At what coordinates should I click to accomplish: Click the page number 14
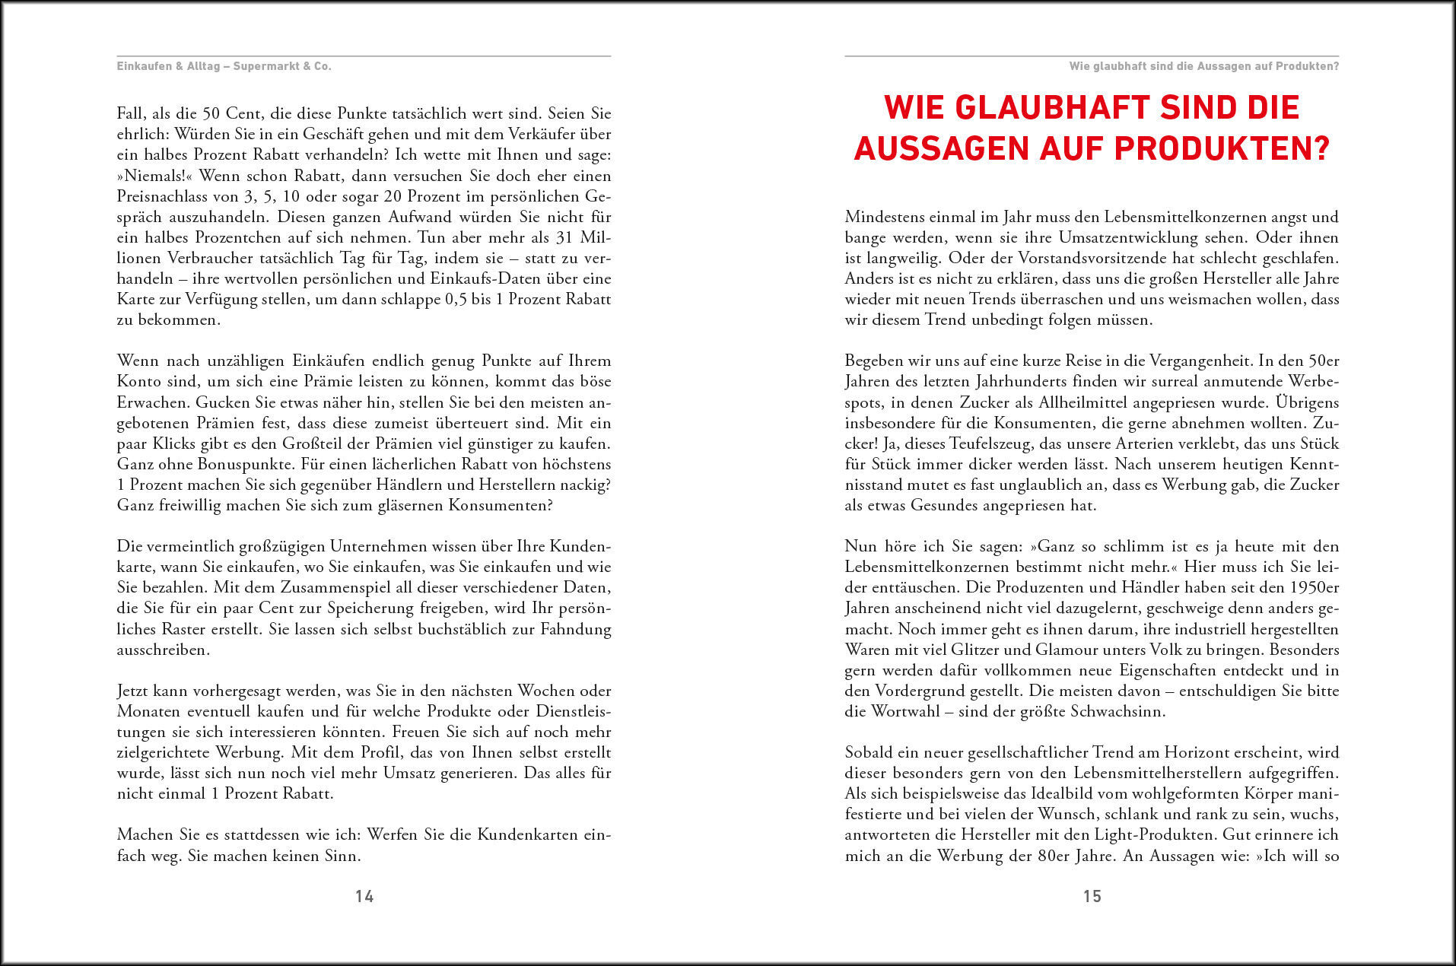(364, 896)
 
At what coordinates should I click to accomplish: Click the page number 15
(1092, 896)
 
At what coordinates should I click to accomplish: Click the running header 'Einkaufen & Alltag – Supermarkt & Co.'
(224, 66)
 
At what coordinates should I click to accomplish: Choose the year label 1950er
(1315, 587)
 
